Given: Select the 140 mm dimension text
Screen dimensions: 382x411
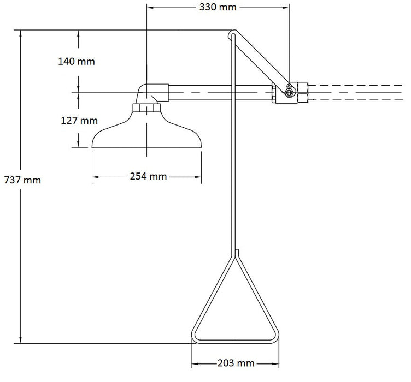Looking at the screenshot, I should pos(77,61).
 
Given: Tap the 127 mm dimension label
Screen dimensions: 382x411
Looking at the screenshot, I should pos(77,121).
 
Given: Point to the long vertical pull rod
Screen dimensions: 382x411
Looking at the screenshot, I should pos(233,164).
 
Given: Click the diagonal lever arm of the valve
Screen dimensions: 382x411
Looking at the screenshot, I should pos(260,60).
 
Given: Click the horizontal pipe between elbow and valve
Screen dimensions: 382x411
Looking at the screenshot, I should pos(219,93).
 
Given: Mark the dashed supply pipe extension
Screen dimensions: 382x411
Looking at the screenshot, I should pos(355,93).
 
